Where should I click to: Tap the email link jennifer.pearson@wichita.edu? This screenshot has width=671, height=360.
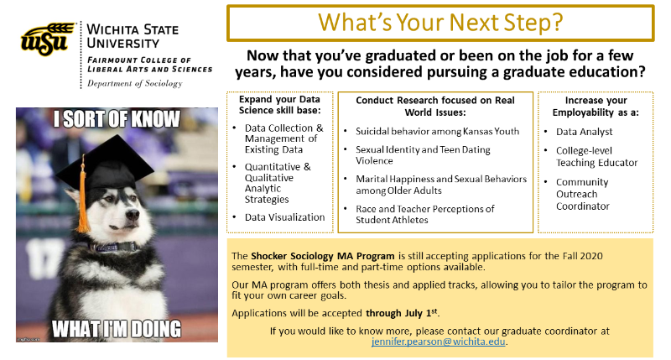pos(438,342)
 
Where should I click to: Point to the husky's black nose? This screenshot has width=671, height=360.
pos(133,213)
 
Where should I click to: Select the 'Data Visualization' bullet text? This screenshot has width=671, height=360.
pos(284,217)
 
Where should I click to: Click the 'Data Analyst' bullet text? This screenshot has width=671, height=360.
pos(584,132)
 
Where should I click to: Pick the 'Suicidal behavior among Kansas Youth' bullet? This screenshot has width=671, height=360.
pos(437,131)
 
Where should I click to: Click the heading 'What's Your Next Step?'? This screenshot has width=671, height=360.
pos(440,23)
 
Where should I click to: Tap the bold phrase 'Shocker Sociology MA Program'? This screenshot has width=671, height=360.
pos(323,256)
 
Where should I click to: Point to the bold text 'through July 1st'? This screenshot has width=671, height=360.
pos(402,313)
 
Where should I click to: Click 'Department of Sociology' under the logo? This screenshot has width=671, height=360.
pos(135,83)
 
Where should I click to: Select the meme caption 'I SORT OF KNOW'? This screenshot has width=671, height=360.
pos(117,119)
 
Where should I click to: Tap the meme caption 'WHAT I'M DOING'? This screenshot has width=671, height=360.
pos(117,329)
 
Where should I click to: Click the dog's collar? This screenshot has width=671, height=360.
pos(112,248)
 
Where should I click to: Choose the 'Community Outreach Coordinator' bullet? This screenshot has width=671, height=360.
pos(582,194)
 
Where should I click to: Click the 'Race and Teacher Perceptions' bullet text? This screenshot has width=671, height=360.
pos(425,214)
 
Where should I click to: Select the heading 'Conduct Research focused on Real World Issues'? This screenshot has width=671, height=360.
pos(435,107)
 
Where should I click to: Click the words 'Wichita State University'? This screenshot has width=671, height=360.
pos(133,36)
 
